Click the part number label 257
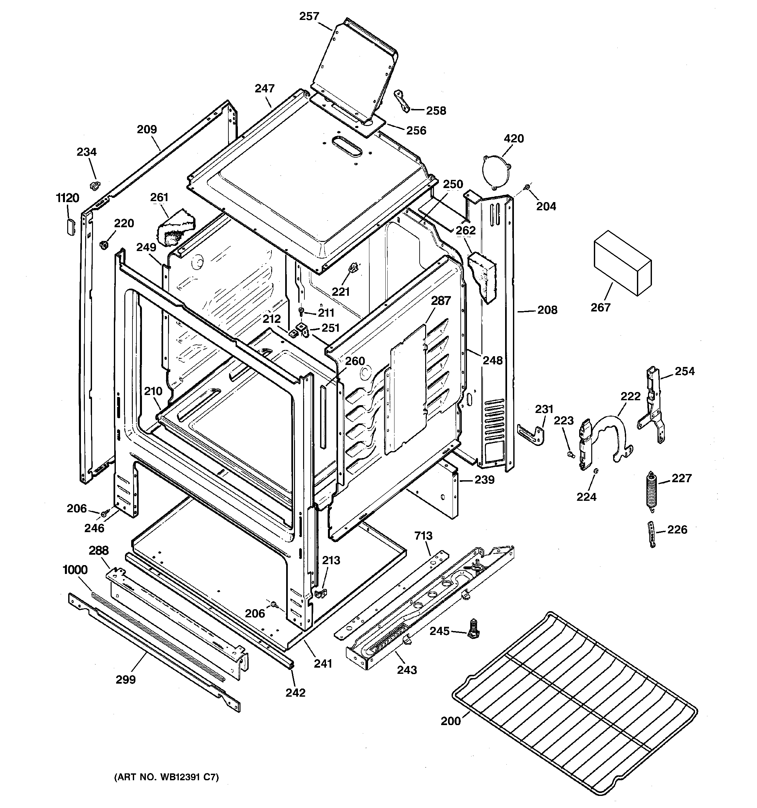coord(309,16)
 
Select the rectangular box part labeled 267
coord(623,263)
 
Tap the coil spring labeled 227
coord(651,489)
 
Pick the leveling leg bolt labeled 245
coord(473,629)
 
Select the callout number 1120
coord(68,198)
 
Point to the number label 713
coord(424,536)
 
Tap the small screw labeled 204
coord(527,187)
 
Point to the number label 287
coord(441,301)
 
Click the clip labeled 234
coord(94,186)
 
